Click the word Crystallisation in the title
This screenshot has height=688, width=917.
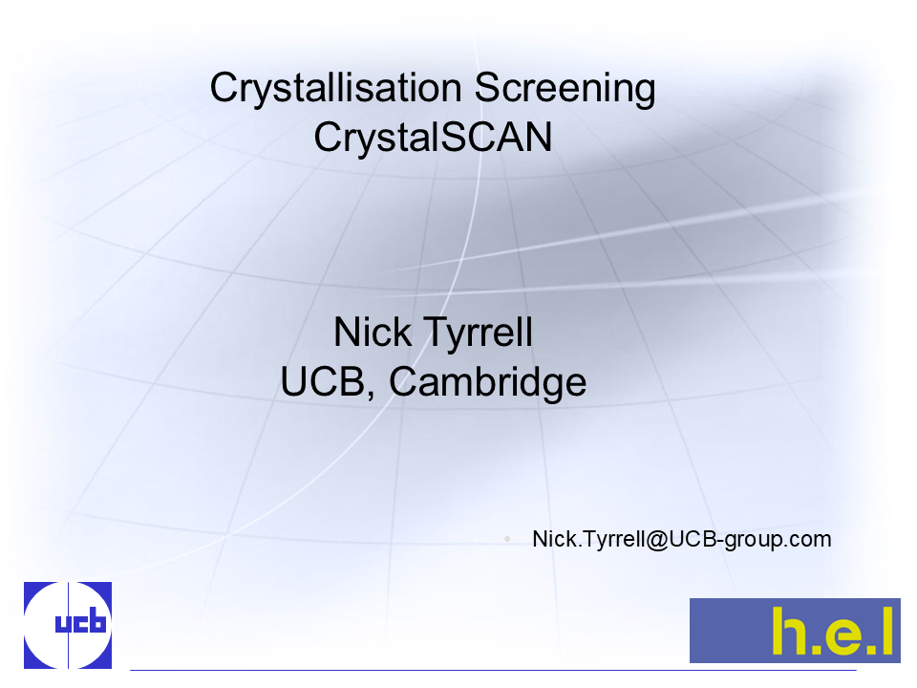(336, 89)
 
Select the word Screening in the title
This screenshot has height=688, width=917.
(565, 89)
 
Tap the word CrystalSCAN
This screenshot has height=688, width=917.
(433, 138)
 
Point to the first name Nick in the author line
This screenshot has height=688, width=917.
(373, 333)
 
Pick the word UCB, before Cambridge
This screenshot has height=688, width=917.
(328, 382)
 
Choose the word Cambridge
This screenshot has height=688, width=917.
(488, 382)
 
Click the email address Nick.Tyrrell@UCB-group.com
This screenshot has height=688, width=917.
(682, 539)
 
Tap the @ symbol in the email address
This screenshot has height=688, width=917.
(657, 540)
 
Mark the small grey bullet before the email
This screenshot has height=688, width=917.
(507, 539)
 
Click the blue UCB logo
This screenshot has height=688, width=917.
(68, 625)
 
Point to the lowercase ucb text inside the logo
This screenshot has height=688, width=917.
(80, 623)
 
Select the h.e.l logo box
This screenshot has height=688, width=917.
(795, 630)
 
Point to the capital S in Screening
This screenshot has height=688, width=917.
(488, 88)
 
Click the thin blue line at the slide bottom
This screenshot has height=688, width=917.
(493, 670)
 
